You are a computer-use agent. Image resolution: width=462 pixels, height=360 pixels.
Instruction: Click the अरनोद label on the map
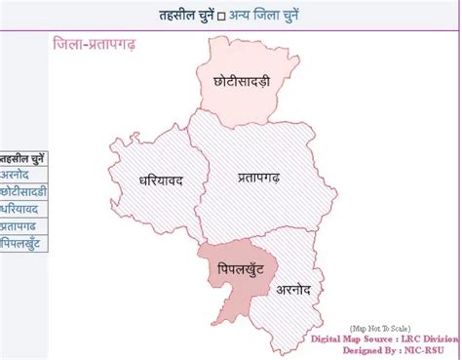point(293,289)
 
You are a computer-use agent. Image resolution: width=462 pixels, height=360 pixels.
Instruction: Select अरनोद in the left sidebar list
point(19,176)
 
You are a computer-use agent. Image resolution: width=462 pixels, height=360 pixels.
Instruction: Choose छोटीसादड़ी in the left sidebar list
point(23,192)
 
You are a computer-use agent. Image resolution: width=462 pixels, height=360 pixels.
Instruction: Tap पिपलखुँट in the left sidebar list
point(22,242)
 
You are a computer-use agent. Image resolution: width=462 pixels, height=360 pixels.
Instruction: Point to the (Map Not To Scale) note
point(380,329)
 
